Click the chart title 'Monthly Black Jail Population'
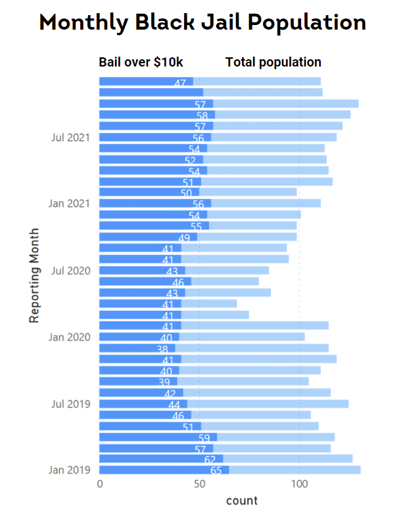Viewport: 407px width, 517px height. tap(203, 23)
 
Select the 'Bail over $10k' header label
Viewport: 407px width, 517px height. tap(141, 63)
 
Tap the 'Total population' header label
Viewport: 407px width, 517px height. tap(273, 63)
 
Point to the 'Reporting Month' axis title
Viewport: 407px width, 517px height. tap(35, 275)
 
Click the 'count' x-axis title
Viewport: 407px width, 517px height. tap(241, 501)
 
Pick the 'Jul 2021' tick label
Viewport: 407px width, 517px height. tap(70, 137)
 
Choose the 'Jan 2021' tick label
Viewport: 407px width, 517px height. tap(69, 203)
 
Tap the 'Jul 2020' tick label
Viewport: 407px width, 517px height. tap(70, 270)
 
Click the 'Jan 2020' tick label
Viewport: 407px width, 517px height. tap(69, 337)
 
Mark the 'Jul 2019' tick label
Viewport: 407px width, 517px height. tap(70, 404)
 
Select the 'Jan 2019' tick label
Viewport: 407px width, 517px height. tap(69, 470)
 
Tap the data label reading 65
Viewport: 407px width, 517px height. tap(216, 471)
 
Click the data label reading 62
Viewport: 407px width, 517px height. tap(210, 460)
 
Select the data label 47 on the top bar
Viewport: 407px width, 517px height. tap(180, 83)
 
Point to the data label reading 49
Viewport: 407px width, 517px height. tap(184, 238)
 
